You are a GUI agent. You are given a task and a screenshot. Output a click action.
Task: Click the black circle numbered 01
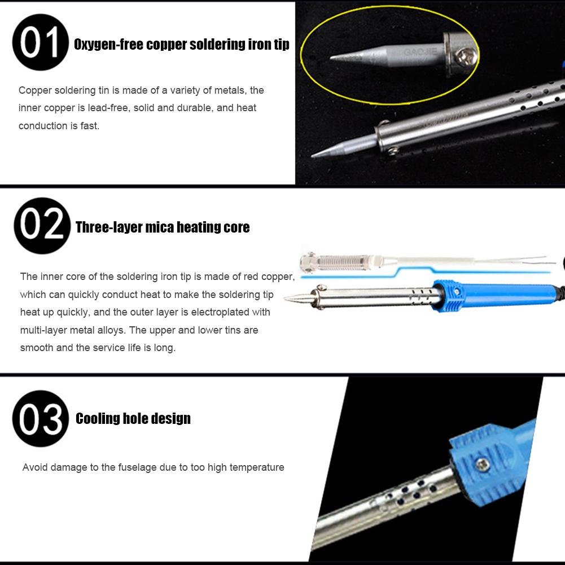pos(40,42)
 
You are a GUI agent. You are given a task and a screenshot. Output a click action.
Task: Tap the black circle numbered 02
pos(42,226)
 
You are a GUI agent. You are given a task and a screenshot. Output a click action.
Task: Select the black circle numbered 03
pos(41,418)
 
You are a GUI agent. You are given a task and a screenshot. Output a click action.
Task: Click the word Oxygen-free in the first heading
pos(108,45)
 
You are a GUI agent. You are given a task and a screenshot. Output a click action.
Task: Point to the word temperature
pos(256,467)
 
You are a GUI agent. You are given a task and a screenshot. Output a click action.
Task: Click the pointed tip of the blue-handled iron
pos(287,299)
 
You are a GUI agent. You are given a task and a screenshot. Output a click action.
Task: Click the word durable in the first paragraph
pos(197,108)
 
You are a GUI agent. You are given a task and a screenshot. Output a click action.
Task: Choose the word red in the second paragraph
pos(249,277)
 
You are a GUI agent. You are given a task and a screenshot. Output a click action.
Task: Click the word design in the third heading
pos(170,419)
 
